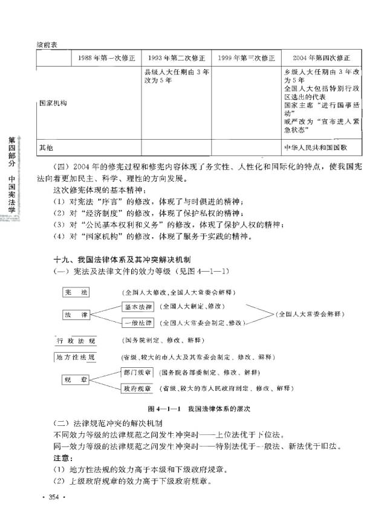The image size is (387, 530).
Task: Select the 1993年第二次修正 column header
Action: coord(176,58)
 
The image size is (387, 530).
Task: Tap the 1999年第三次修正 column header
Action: coord(246,58)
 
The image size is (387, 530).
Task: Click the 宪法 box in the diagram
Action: coord(76,293)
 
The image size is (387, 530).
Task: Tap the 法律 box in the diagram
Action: coord(76,315)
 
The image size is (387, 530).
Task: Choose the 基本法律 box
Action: coord(138,307)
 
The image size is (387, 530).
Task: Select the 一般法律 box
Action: coord(138,323)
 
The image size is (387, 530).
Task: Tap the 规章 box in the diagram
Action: coord(76,380)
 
